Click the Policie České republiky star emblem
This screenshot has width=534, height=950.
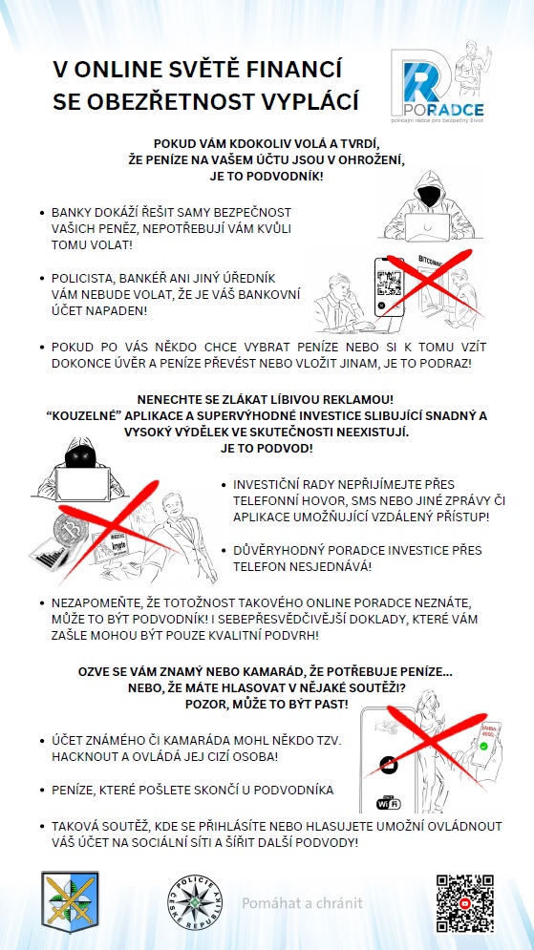(x=195, y=903)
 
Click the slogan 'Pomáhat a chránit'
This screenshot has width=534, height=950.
(x=303, y=903)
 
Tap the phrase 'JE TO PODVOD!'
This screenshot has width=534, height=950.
(x=267, y=448)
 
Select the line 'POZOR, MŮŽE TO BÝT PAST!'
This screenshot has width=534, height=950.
(x=267, y=704)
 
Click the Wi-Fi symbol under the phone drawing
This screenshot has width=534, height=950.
(x=389, y=803)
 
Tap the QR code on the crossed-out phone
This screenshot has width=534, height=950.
(x=389, y=281)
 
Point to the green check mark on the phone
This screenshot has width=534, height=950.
(x=483, y=747)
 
